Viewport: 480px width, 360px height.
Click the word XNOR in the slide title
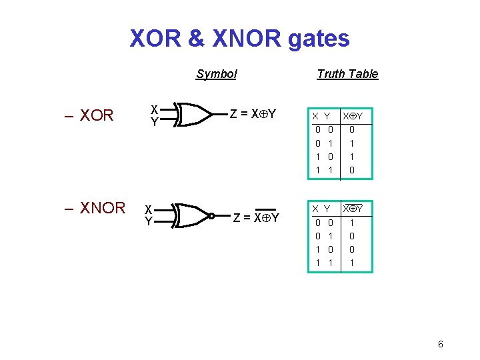pos(247,38)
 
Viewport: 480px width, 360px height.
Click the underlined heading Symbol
pos(216,74)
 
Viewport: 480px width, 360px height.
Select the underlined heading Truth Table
pos(347,74)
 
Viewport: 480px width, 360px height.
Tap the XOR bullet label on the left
pos(97,115)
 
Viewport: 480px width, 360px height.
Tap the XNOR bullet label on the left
pos(102,208)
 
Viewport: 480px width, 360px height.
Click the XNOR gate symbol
pos(193,216)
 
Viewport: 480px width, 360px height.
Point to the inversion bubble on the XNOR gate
pos(211,216)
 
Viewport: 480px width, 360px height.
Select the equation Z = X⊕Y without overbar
pos(253,114)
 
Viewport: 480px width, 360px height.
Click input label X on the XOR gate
pos(154,109)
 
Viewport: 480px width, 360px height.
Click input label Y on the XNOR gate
pos(149,221)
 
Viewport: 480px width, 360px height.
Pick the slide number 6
pos(440,344)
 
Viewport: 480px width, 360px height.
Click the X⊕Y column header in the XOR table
pos(352,116)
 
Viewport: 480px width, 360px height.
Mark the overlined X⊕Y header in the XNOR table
pos(352,209)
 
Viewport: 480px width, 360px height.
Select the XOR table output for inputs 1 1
pos(352,170)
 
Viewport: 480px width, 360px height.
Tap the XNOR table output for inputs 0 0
pos(352,223)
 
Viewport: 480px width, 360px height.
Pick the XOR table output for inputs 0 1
pos(352,143)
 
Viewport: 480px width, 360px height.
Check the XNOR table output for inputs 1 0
pos(352,249)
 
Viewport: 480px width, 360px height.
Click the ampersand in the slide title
pos(196,38)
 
